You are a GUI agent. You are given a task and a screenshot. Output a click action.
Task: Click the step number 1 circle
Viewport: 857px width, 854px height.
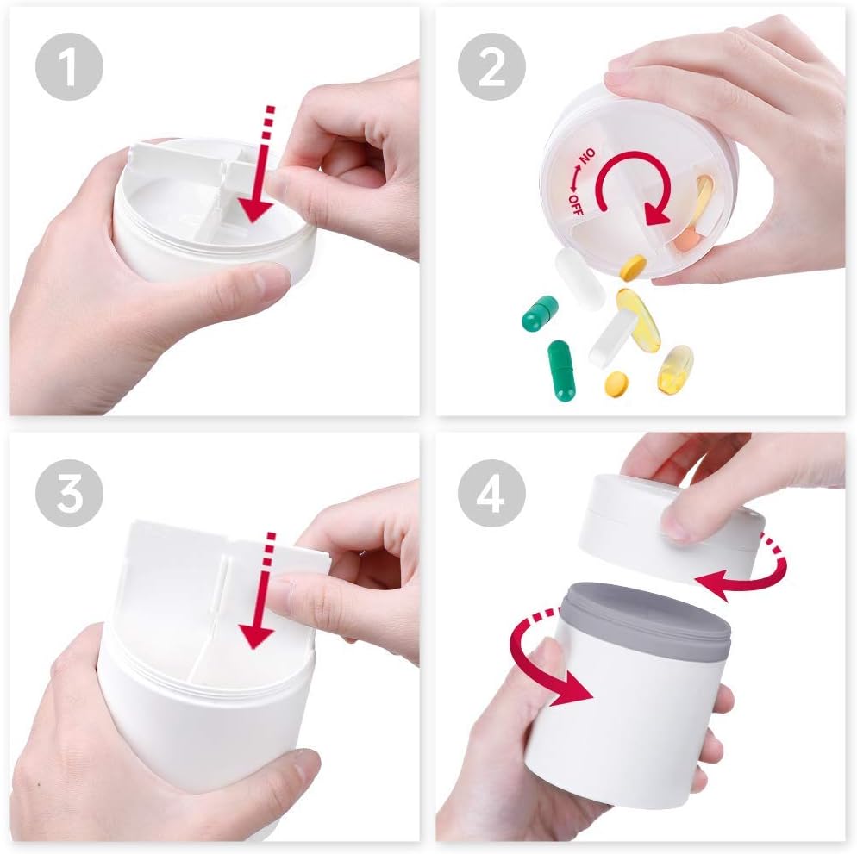click(70, 66)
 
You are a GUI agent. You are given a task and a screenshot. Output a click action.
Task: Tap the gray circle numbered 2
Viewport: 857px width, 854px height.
click(491, 66)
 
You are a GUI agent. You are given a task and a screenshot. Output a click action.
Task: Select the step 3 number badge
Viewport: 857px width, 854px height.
click(70, 493)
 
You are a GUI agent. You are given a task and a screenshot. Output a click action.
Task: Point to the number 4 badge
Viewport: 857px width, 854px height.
click(491, 493)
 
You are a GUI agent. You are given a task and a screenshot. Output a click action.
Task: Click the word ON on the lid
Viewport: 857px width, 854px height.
click(587, 157)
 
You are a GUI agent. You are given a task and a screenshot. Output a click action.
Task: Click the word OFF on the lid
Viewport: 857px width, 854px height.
click(576, 205)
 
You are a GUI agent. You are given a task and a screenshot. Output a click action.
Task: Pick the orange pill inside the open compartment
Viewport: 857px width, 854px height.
click(686, 240)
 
